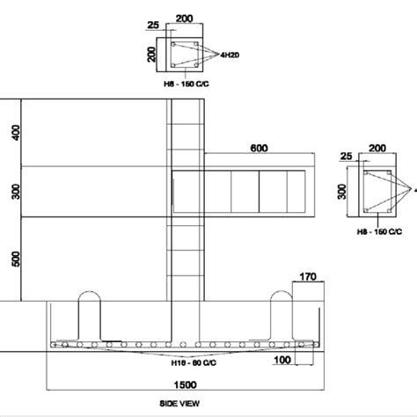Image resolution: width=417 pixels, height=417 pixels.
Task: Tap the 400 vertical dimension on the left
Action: [x=13, y=133]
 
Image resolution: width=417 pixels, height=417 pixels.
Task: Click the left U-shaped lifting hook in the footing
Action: [x=91, y=314]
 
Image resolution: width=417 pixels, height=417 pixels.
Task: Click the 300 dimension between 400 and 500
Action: [x=13, y=191]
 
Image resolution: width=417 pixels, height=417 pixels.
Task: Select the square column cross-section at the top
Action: [x=182, y=54]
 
